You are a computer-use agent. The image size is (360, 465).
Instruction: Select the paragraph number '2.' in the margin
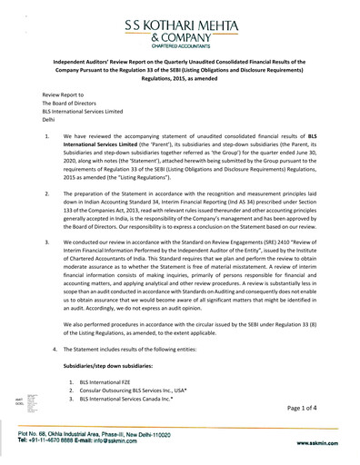tap(47, 195)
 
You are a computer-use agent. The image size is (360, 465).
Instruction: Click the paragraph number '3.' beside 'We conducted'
tap(47, 244)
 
